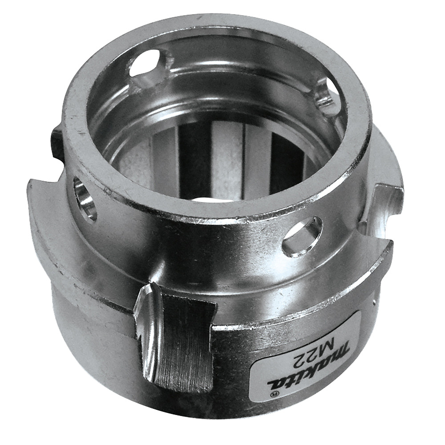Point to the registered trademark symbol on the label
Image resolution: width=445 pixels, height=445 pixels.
coord(275,393)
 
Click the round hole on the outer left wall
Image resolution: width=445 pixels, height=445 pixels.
coord(85,198)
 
